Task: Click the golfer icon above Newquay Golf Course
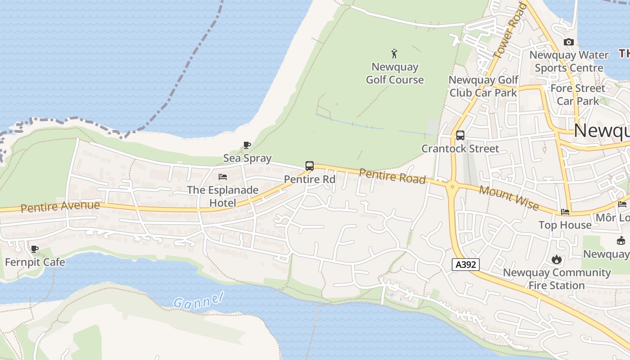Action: tap(395, 54)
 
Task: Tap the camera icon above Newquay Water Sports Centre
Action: tap(568, 42)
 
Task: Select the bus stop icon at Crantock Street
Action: tap(460, 135)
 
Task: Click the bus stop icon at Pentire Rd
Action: tap(309, 166)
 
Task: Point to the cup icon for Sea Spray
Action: tap(247, 145)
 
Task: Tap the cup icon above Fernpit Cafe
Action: tap(35, 249)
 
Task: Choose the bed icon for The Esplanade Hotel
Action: tap(222, 177)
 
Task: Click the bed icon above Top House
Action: tap(565, 212)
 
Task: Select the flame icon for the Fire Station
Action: tap(557, 259)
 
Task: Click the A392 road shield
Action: tap(466, 265)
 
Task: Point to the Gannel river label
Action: tap(198, 301)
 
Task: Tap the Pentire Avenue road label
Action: tap(60, 207)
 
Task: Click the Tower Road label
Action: tap(510, 31)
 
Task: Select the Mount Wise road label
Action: tap(508, 198)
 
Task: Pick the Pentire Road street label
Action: tap(392, 176)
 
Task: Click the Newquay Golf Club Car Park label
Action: tap(483, 86)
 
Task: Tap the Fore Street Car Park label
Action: tap(578, 94)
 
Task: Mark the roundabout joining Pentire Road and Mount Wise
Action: tap(452, 186)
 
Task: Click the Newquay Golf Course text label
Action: tap(395, 73)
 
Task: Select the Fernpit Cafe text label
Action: tap(35, 262)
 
